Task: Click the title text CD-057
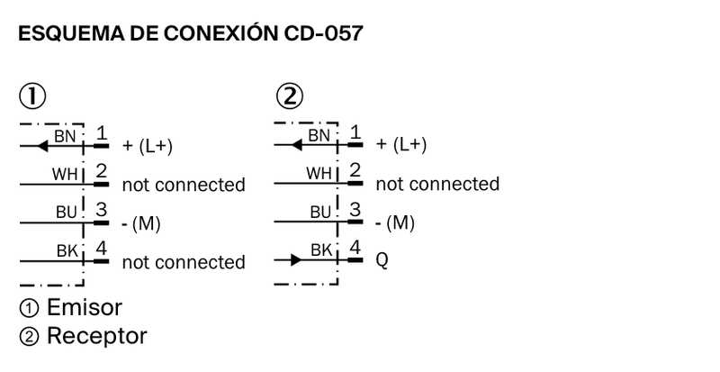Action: pyautogui.click(x=324, y=33)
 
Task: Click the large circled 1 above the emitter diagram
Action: pyautogui.click(x=32, y=96)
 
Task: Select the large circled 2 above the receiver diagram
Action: pyautogui.click(x=290, y=96)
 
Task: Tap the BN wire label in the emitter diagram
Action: pyautogui.click(x=65, y=136)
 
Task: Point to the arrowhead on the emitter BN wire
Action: pyautogui.click(x=42, y=146)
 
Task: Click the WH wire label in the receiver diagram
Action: pyautogui.click(x=319, y=173)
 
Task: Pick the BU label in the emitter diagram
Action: pyautogui.click(x=67, y=212)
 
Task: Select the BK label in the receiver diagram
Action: pyautogui.click(x=321, y=250)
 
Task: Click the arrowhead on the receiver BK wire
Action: pyautogui.click(x=296, y=260)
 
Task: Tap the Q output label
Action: pyautogui.click(x=382, y=260)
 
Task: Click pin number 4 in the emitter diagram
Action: pyautogui.click(x=101, y=249)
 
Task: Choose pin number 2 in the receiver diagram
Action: pyautogui.click(x=355, y=170)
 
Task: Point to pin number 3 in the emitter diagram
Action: pyautogui.click(x=101, y=210)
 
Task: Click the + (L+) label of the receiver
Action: pyautogui.click(x=401, y=144)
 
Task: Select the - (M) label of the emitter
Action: pyautogui.click(x=141, y=224)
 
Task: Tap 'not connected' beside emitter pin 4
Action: pyautogui.click(x=184, y=262)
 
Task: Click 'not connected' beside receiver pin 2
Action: pyautogui.click(x=437, y=184)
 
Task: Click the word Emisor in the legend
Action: pyautogui.click(x=85, y=307)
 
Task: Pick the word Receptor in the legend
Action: pyautogui.click(x=97, y=336)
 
